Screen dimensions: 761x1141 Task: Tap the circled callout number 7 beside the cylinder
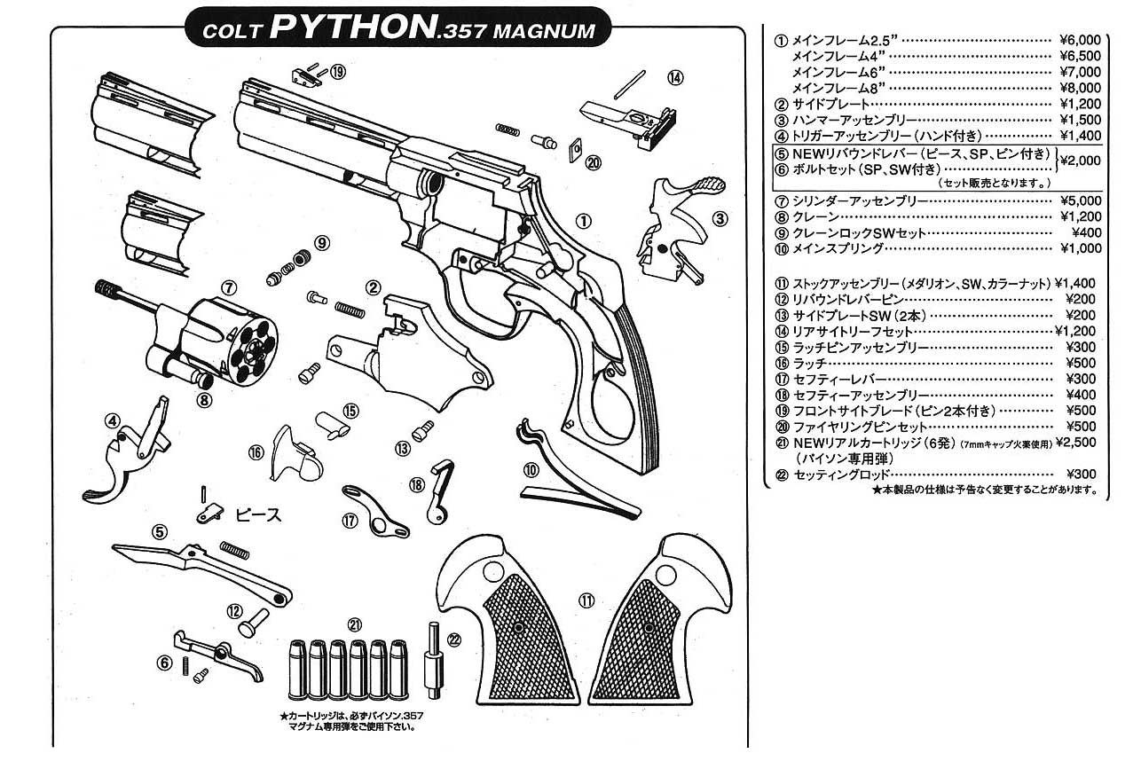click(228, 287)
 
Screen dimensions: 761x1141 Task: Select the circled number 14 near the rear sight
click(676, 78)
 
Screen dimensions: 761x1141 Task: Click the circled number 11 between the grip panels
click(586, 600)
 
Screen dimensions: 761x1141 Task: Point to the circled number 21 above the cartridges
click(355, 623)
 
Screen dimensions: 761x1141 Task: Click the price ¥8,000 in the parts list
click(1079, 88)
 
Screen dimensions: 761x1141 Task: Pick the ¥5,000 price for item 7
click(1079, 200)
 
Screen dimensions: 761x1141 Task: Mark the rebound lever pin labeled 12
click(254, 620)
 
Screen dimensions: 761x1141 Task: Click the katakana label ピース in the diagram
click(258, 514)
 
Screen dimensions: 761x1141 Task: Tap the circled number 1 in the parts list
click(781, 40)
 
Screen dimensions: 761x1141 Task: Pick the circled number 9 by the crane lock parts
click(320, 241)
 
